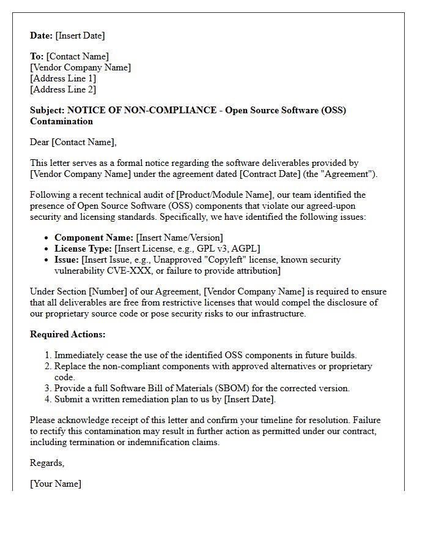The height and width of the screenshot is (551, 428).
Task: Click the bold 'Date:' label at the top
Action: point(42,36)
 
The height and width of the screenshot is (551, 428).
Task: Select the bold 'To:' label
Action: point(37,56)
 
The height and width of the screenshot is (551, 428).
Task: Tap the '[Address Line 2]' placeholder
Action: point(63,89)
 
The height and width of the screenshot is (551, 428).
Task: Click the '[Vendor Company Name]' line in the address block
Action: point(80,67)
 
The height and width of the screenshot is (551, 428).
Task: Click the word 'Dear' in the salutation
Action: point(40,142)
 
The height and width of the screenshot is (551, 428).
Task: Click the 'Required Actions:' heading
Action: point(68,334)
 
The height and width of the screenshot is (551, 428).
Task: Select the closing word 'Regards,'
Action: point(47,463)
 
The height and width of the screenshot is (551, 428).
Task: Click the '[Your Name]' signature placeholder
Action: point(56,484)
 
